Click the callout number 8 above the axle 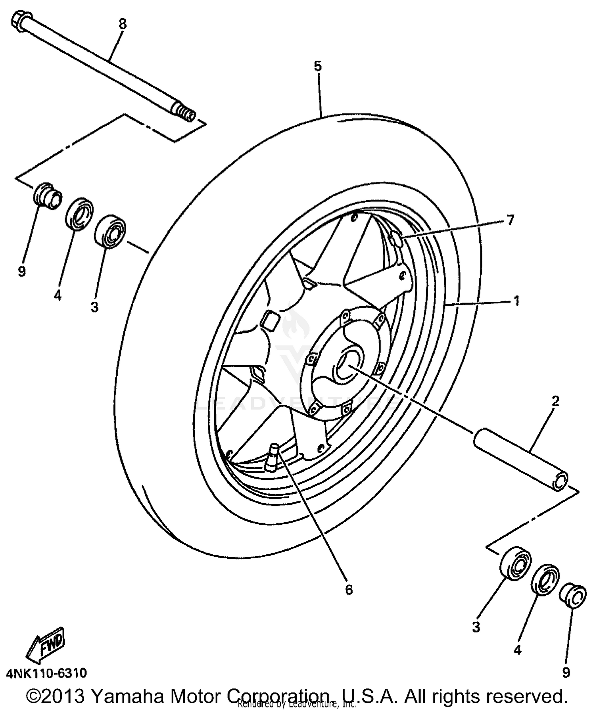(123, 25)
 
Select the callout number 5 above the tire (318, 66)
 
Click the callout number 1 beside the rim (516, 301)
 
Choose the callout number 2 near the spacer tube (555, 401)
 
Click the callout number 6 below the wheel (349, 590)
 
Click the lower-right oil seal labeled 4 (545, 579)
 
